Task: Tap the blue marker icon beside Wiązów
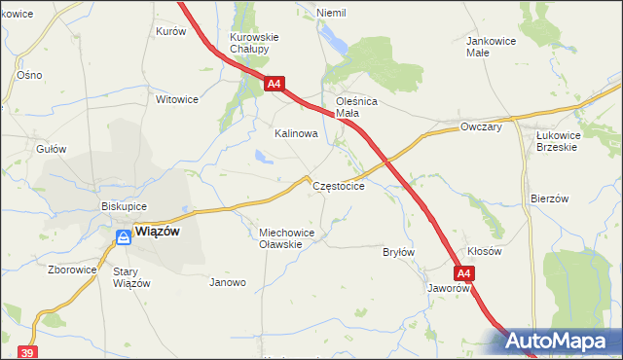click(124, 235)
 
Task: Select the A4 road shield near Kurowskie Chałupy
click(274, 85)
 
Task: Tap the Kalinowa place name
click(296, 133)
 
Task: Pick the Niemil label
click(331, 13)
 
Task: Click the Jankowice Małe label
click(491, 47)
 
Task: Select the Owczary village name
click(481, 126)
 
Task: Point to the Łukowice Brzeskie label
click(557, 141)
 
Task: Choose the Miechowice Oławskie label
click(282, 238)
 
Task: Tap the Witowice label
click(177, 99)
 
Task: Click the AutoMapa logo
click(558, 341)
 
